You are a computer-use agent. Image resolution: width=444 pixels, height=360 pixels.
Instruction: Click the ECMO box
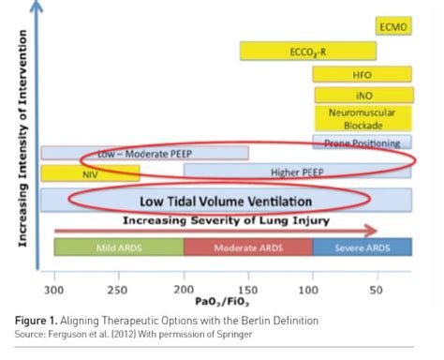coord(392,27)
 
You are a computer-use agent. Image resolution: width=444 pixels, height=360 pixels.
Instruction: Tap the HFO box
coord(363,73)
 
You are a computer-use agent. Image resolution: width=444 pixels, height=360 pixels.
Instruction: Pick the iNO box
coord(363,95)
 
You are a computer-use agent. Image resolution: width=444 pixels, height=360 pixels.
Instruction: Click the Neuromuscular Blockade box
coord(363,118)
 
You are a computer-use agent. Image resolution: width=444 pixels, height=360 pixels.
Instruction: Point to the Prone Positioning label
coord(363,143)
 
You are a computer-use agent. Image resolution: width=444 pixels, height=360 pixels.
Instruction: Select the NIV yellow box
coord(90,172)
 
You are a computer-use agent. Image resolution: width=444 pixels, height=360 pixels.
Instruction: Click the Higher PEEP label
coord(297,172)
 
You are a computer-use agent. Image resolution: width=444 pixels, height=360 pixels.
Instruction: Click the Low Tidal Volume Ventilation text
coord(225,201)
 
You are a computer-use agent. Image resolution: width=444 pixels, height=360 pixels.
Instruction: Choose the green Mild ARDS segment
coord(119,247)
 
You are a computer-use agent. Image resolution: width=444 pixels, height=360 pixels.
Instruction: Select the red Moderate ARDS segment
coord(247,247)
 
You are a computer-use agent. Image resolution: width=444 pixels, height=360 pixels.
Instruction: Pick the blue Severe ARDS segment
coord(362,247)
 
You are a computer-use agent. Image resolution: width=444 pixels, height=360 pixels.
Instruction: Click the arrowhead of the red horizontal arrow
coord(372,230)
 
